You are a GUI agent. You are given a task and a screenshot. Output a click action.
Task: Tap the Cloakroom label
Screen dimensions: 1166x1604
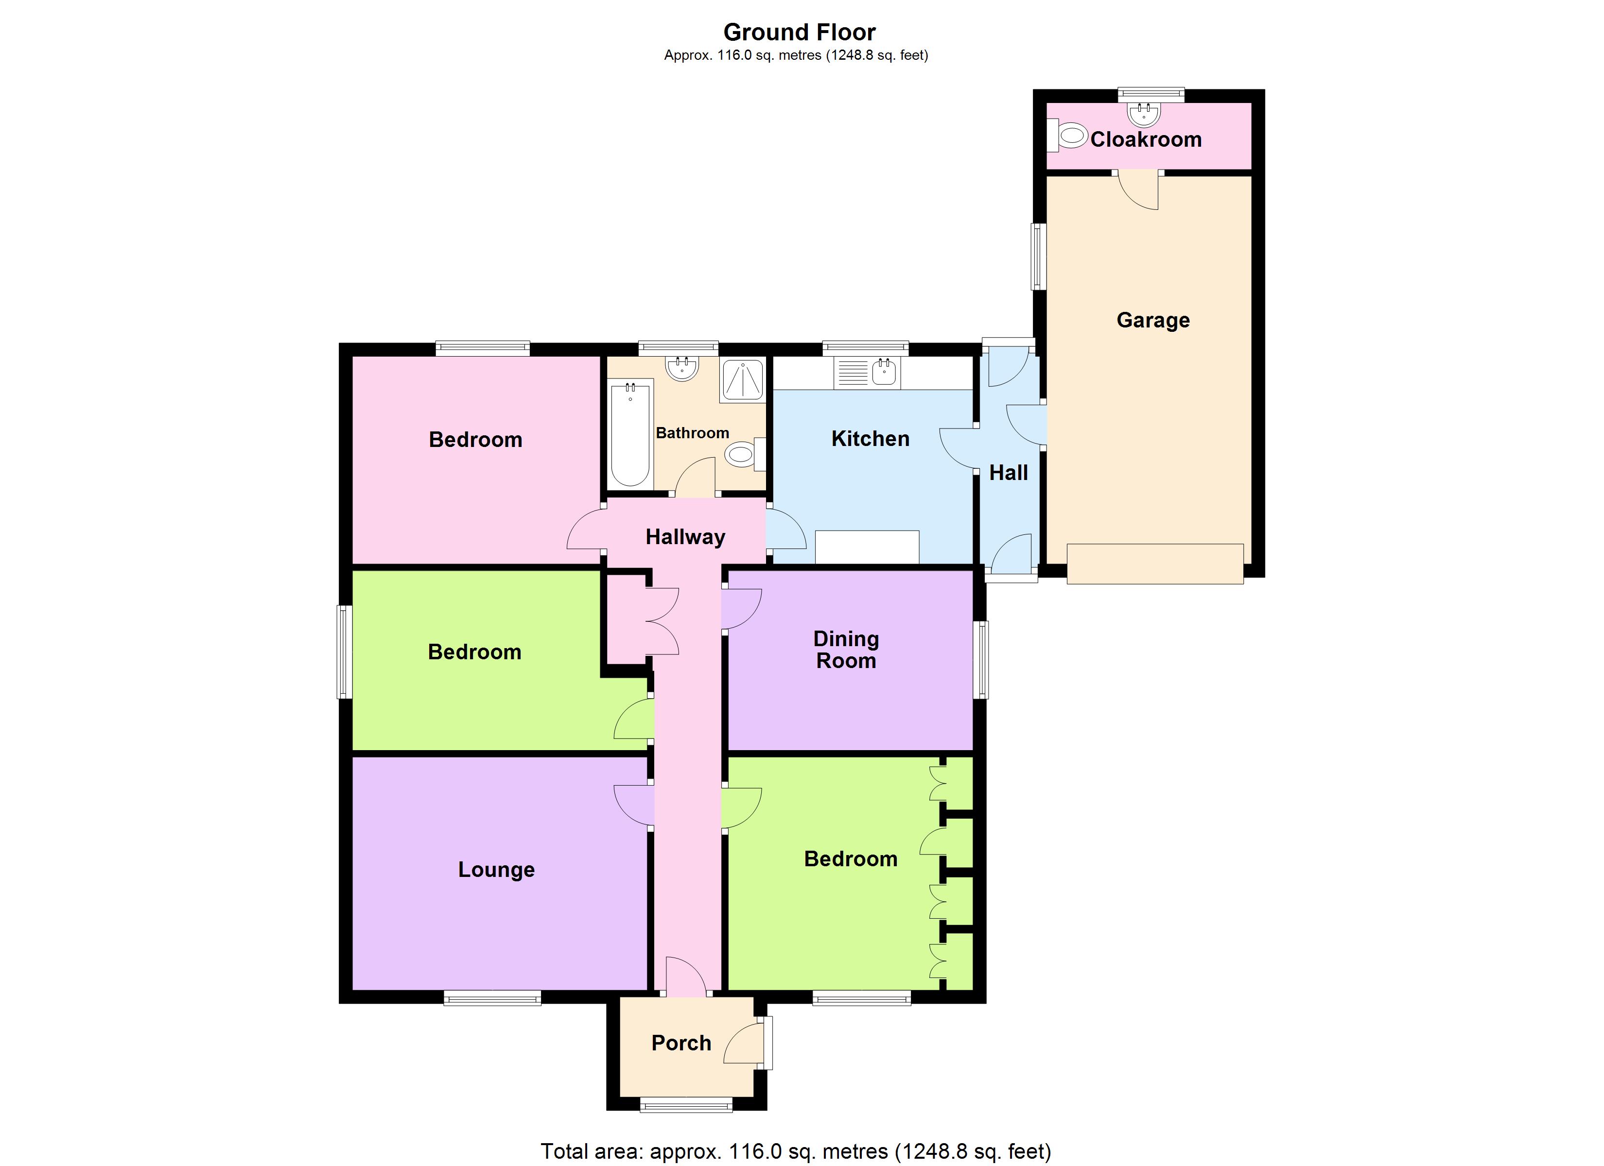[1146, 139]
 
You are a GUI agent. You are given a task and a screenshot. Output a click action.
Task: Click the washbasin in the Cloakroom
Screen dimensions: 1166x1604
[1144, 113]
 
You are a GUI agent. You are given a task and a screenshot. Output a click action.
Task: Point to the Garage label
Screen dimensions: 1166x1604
[1153, 320]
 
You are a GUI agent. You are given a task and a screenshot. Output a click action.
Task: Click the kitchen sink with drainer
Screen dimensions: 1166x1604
[867, 372]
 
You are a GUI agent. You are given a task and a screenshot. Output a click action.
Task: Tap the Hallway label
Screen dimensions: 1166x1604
[684, 537]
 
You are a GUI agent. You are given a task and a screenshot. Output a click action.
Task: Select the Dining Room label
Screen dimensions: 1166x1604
[846, 649]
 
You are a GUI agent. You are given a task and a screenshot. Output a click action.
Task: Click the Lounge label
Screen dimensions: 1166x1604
[496, 869]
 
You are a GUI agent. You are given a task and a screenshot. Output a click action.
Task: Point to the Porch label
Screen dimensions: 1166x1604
[680, 1043]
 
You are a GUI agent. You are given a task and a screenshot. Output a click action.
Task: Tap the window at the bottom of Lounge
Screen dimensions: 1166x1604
[492, 998]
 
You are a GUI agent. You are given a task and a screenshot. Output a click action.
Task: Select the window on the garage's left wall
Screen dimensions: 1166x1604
[1038, 257]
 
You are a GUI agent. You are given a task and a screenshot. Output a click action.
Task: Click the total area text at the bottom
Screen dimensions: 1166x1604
[796, 1151]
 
